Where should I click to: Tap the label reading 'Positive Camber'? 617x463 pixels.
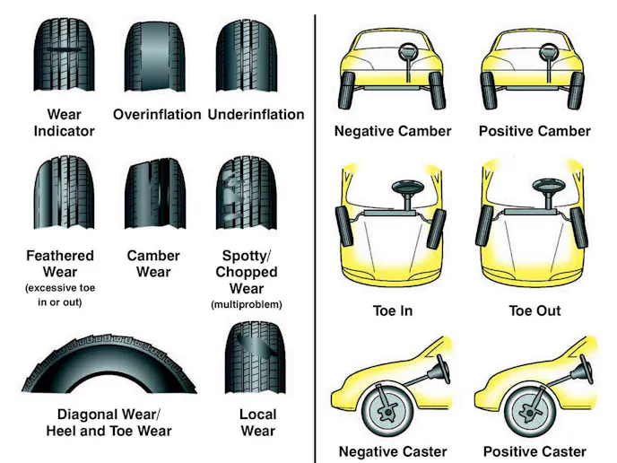tap(534, 131)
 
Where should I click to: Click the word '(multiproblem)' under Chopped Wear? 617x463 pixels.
tap(246, 305)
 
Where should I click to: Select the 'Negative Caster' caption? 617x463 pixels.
tap(391, 451)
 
